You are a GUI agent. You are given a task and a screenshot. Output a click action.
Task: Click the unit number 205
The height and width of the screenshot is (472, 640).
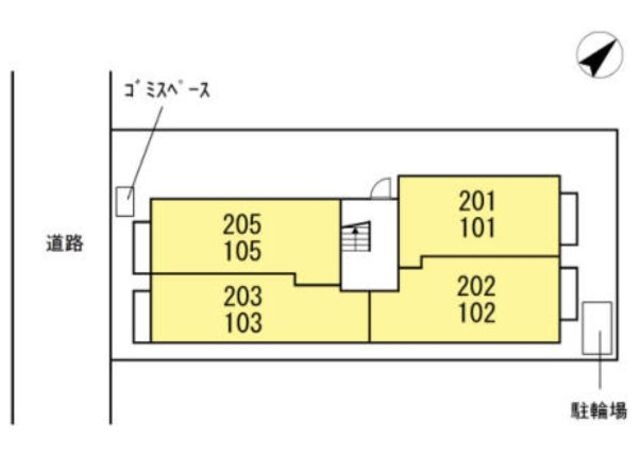(242, 224)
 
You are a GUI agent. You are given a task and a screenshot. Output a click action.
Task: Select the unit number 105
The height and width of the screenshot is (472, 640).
(243, 251)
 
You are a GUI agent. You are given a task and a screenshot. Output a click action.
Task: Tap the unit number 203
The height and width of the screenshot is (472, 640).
(243, 296)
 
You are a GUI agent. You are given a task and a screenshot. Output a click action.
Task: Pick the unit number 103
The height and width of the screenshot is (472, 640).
(244, 323)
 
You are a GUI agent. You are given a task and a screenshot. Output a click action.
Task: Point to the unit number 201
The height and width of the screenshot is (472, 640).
(477, 201)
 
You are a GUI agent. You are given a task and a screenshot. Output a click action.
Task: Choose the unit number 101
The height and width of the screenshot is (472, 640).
(478, 228)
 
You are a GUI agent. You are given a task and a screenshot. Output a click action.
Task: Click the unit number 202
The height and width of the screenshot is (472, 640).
(476, 286)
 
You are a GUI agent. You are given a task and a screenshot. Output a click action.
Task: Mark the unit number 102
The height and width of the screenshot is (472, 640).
(477, 313)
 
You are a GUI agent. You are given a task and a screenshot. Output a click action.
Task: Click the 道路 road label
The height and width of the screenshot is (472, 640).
(64, 243)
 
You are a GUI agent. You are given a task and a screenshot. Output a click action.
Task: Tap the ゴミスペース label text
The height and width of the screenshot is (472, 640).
(167, 90)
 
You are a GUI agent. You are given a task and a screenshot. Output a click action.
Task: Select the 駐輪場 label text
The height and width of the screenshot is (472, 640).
(598, 411)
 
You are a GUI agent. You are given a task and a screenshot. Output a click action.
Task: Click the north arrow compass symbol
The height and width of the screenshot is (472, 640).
(600, 55)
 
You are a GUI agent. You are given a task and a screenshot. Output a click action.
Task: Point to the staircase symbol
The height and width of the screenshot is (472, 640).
(356, 237)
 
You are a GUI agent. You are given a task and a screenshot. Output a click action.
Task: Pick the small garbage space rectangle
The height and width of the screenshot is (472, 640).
(125, 201)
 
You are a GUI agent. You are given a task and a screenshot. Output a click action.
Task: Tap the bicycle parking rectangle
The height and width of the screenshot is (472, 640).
(597, 328)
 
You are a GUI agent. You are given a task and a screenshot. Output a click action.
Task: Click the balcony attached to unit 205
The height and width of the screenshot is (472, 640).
(142, 247)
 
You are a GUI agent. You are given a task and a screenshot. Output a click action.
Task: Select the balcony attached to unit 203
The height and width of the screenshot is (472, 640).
(142, 316)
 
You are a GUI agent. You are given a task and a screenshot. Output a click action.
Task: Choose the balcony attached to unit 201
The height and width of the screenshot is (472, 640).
(569, 219)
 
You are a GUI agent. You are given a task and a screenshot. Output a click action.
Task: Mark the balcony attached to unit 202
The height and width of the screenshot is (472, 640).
(569, 294)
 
